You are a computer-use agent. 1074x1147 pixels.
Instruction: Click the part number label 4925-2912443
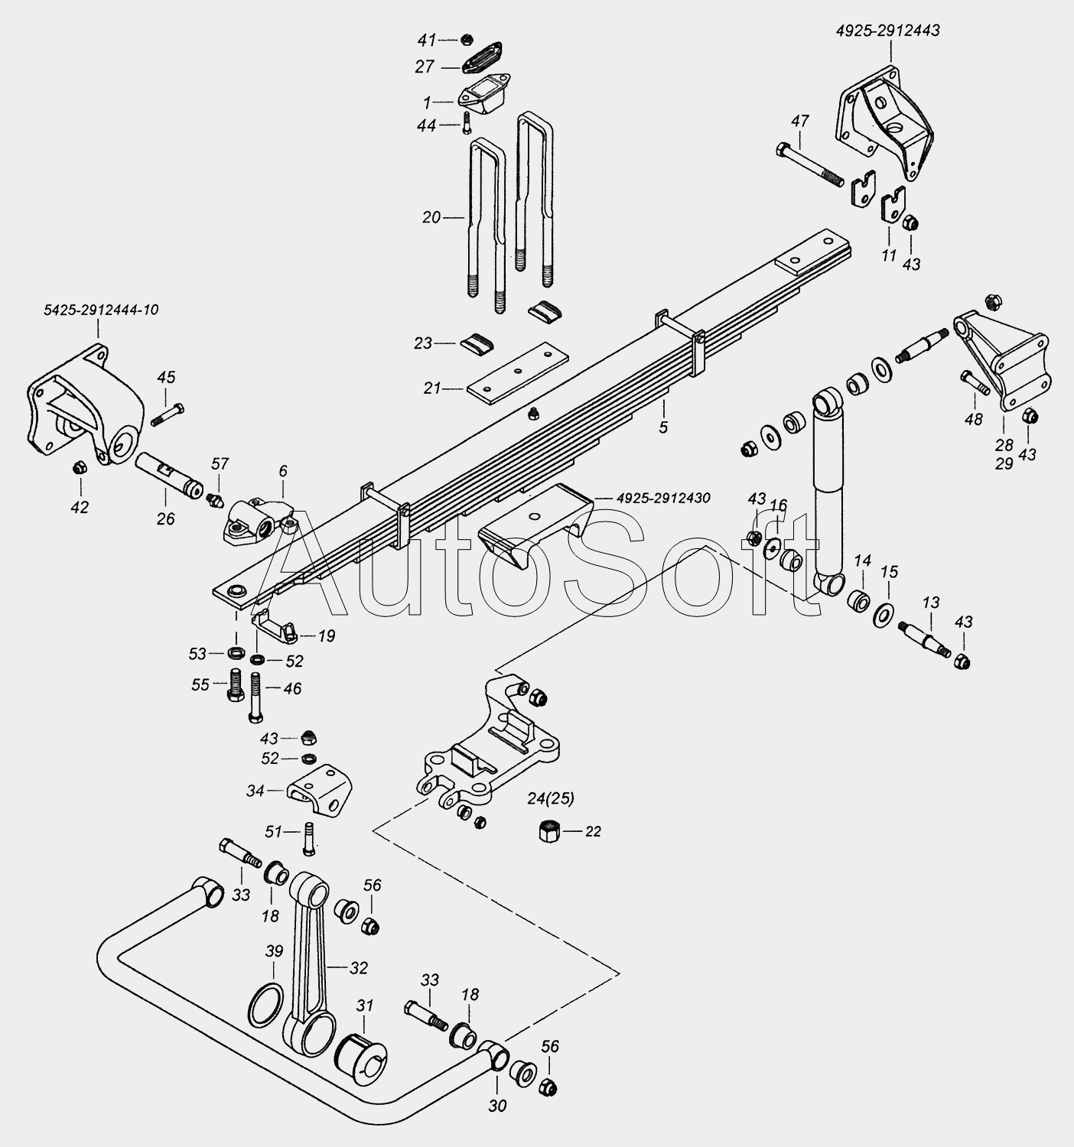[887, 31]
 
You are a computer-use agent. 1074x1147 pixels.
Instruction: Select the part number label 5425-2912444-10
[101, 310]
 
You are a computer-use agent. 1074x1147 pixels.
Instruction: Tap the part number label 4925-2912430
[663, 498]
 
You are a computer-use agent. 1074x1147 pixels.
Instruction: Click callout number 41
[427, 41]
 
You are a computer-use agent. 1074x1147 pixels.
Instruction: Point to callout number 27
[425, 67]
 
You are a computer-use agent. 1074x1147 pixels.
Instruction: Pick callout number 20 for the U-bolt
[431, 218]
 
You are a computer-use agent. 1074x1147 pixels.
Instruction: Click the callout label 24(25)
[551, 799]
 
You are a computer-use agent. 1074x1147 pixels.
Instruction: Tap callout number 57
[220, 463]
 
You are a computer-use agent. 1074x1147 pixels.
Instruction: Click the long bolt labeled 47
[809, 164]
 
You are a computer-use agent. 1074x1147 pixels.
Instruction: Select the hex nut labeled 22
[547, 832]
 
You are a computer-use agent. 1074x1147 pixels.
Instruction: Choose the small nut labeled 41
[467, 41]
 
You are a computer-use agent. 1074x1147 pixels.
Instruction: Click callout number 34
[255, 791]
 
